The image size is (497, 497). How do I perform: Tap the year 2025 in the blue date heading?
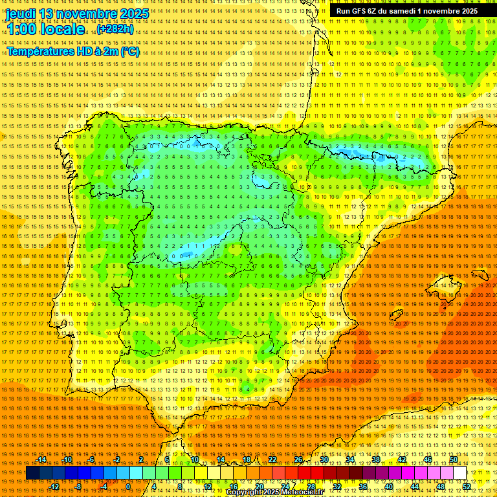pyautogui.click(x=133, y=14)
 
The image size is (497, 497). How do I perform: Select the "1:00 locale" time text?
pyautogui.click(x=46, y=29)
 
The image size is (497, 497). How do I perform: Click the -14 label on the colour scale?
pyautogui.click(x=41, y=459)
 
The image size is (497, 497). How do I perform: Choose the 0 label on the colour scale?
pyautogui.click(x=128, y=486)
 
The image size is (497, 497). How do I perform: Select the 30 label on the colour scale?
pyautogui.click(x=324, y=459)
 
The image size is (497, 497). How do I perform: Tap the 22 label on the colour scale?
pyautogui.click(x=272, y=459)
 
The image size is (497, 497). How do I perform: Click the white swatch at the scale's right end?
pyautogui.click(x=460, y=473)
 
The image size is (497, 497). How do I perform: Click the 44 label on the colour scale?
pyautogui.click(x=415, y=486)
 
